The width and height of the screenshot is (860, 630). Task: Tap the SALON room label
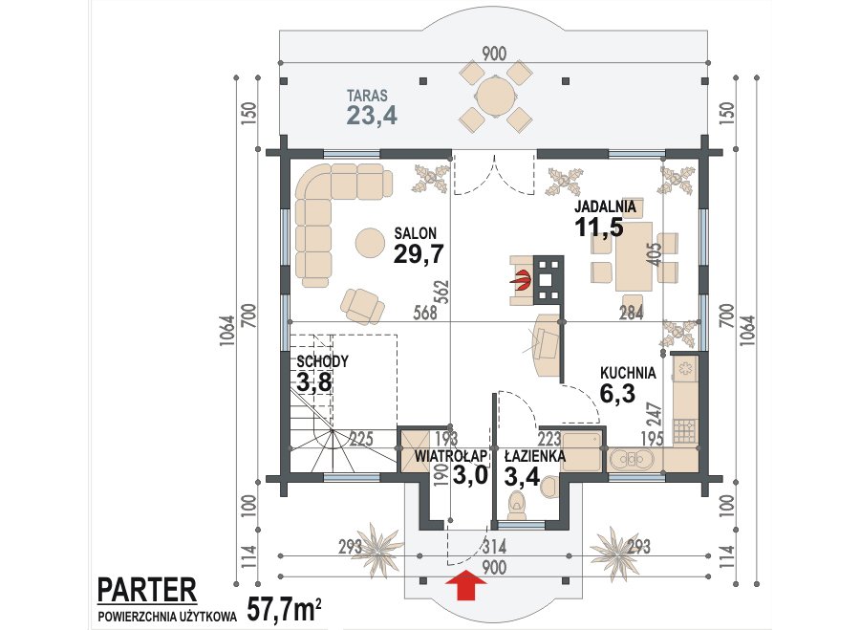coord(416,232)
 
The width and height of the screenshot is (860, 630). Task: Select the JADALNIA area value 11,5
coord(599,227)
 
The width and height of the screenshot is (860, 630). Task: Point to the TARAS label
coord(367,96)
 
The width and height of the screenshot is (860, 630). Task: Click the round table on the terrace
coord(496,96)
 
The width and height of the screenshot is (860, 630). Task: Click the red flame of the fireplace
coord(522,279)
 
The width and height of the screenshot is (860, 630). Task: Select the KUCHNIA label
coord(628,373)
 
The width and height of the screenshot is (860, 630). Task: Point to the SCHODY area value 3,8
coord(314,381)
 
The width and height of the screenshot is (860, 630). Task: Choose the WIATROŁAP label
coord(451,455)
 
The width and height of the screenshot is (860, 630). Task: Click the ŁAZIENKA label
coord(535,455)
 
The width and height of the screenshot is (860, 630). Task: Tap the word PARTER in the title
coord(147,590)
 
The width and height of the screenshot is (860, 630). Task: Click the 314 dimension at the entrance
coord(494,547)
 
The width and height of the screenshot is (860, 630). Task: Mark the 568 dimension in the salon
coord(425,313)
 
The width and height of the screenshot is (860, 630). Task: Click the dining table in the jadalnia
coord(634,256)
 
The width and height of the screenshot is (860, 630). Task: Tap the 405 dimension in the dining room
coord(656,254)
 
